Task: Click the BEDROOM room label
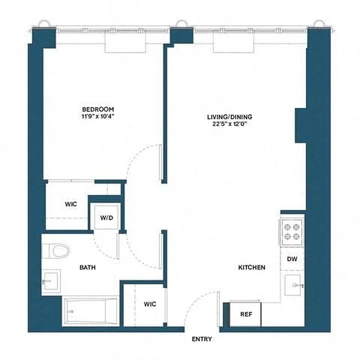98,109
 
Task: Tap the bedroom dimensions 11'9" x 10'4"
98,117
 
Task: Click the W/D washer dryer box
107,218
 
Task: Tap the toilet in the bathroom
57,250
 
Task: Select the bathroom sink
51,282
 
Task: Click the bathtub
90,310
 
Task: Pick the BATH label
87,267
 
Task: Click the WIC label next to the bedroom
70,204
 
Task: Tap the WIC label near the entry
150,304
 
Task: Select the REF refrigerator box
245,315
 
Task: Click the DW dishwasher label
292,260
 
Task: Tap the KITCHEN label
251,267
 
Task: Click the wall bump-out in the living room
301,123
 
